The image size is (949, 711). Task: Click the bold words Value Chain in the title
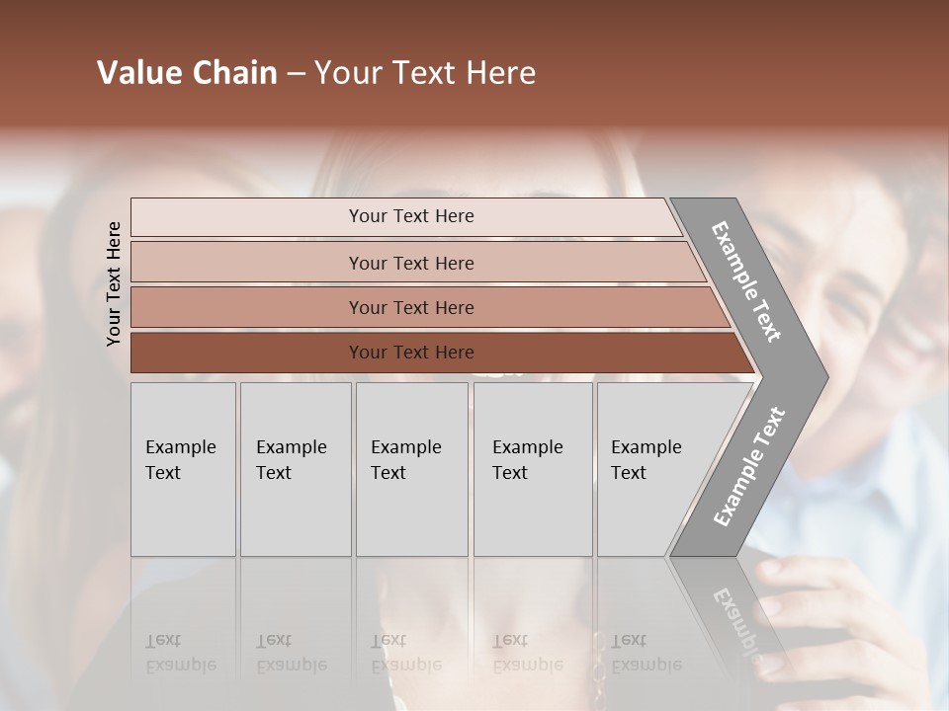click(x=187, y=73)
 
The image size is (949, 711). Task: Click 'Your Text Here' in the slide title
click(x=425, y=73)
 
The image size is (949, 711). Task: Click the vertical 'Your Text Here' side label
click(x=114, y=284)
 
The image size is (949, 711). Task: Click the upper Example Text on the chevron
click(x=746, y=281)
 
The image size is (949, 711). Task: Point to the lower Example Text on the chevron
click(x=748, y=467)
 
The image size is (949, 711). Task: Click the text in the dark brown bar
click(x=411, y=353)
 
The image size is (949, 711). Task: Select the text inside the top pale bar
click(x=411, y=216)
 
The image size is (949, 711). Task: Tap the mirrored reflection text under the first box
click(x=180, y=653)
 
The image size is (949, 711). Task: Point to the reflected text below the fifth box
click(x=646, y=653)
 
